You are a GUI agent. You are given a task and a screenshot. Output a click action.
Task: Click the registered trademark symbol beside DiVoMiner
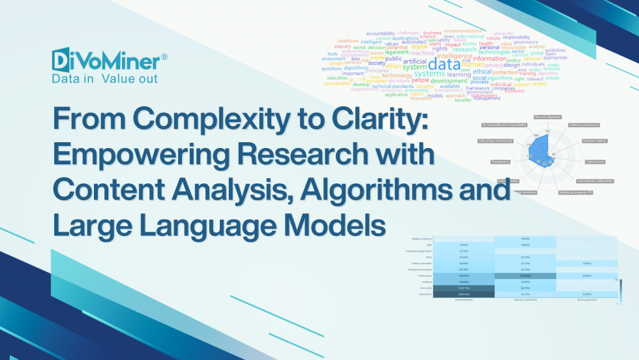coord(164,57)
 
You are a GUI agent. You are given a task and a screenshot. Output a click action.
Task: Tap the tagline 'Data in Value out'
coord(104,78)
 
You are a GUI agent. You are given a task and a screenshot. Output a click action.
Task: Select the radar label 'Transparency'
coord(501,162)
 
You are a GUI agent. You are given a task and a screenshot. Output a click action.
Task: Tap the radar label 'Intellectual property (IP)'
coord(576,193)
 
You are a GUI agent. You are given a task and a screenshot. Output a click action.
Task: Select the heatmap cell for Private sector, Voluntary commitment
coord(525,276)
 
